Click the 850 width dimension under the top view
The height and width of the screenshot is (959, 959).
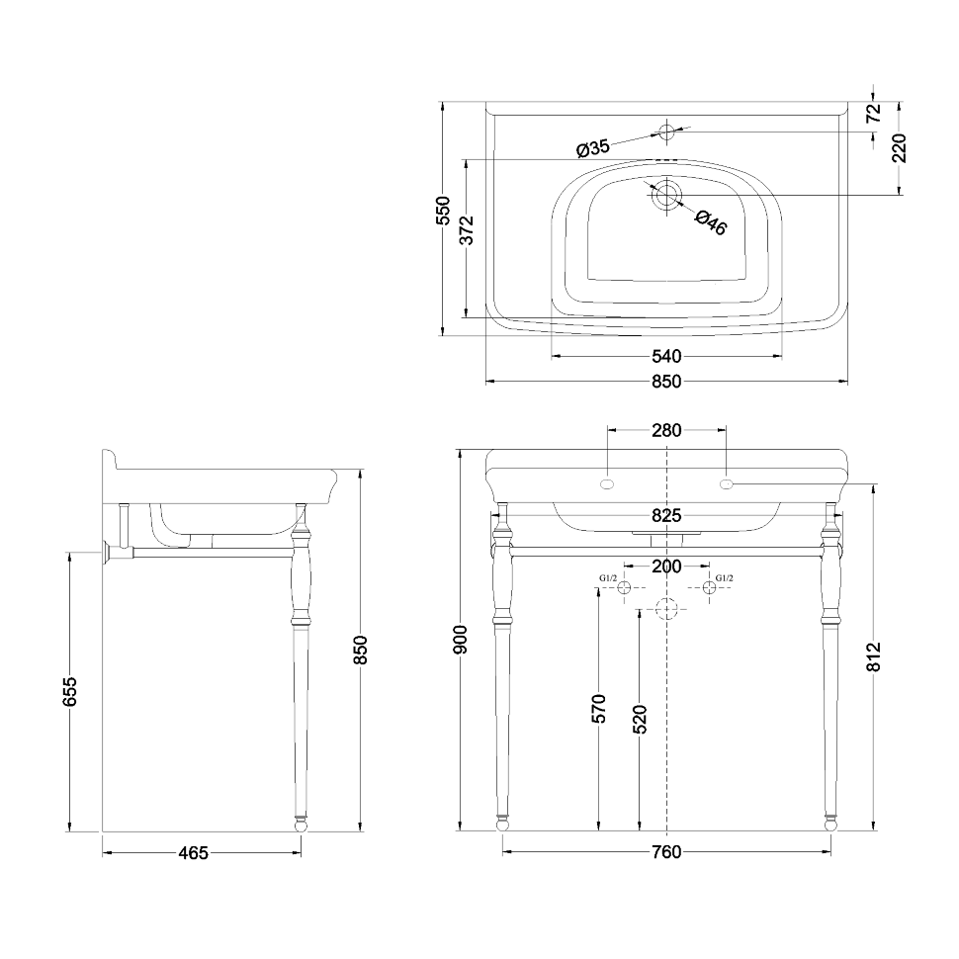(x=667, y=381)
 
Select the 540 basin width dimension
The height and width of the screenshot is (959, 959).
(x=667, y=356)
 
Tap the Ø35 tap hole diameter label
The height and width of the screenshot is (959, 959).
(x=592, y=148)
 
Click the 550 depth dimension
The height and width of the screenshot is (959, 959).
(x=444, y=212)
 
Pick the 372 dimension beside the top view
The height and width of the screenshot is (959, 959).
(x=469, y=229)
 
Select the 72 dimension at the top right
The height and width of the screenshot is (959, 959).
(x=873, y=113)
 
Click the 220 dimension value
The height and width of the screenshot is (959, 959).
(x=899, y=148)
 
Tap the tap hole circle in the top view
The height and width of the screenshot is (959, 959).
(x=667, y=131)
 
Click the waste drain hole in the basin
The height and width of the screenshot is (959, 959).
(x=667, y=194)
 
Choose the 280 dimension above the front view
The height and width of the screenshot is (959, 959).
(x=667, y=430)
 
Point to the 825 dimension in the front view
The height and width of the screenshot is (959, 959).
(x=667, y=516)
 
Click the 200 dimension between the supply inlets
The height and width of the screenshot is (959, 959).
(x=667, y=567)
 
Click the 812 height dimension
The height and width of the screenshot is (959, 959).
(x=873, y=657)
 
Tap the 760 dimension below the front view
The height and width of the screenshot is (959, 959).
(x=667, y=852)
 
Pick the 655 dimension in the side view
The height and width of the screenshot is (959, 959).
(x=70, y=692)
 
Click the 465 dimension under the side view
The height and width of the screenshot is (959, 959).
(x=194, y=852)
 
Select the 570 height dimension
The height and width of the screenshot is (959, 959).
(x=598, y=708)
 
